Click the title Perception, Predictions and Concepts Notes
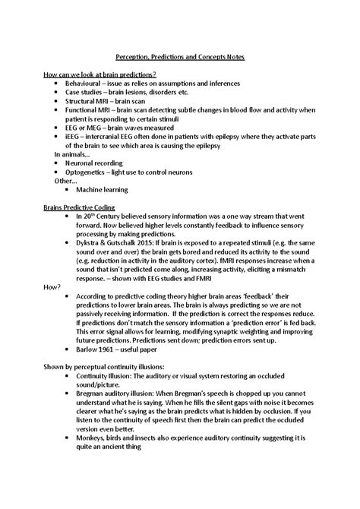tap(179, 58)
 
